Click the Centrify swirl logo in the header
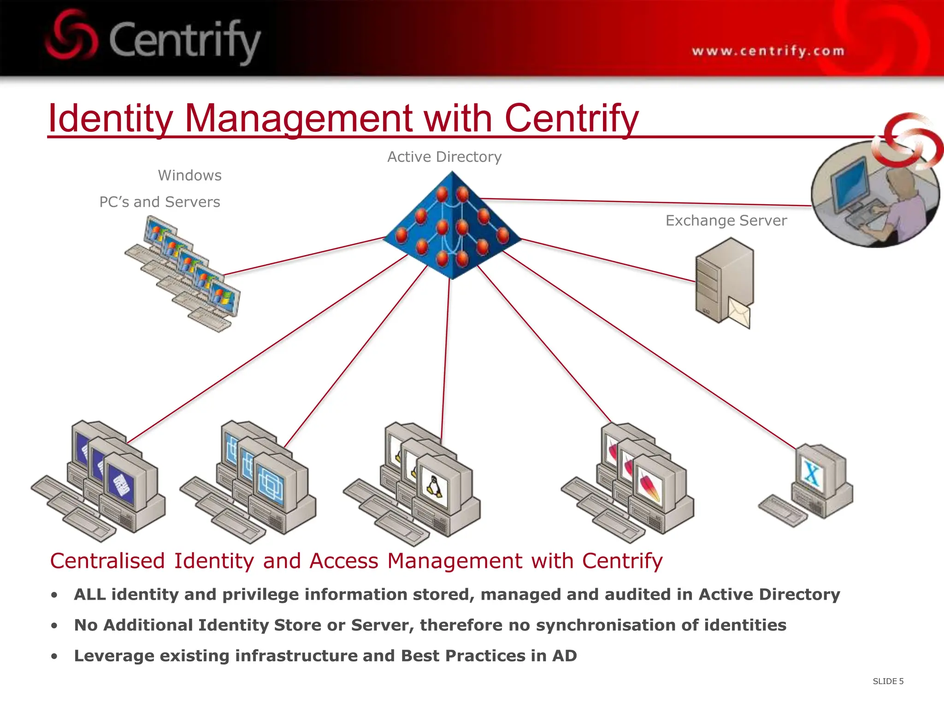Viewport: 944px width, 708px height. (71, 36)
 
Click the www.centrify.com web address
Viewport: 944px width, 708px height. (768, 51)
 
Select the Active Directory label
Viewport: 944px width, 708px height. (444, 157)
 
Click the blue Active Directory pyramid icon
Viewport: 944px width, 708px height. (452, 226)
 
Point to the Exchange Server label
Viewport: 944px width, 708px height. (726, 221)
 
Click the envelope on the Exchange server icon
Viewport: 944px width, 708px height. (739, 313)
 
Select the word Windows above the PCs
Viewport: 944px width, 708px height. (189, 176)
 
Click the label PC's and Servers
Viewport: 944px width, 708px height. (159, 202)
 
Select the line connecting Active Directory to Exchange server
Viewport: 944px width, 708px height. (608, 260)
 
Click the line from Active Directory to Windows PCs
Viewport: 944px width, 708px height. (304, 256)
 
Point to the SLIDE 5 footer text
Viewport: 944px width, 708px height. (888, 681)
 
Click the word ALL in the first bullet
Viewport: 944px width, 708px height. (90, 595)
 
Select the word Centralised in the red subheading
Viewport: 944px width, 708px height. (107, 561)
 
